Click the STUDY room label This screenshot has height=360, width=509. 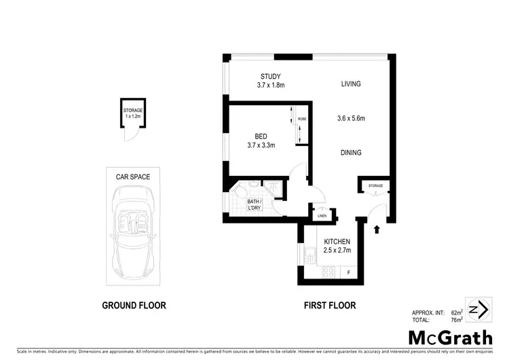(x=271, y=76)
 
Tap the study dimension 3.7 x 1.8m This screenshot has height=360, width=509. (x=271, y=86)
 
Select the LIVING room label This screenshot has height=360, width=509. (x=351, y=84)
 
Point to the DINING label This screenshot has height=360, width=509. (x=351, y=153)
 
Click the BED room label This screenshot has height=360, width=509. (x=260, y=134)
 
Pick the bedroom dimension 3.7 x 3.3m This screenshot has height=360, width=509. (x=261, y=144)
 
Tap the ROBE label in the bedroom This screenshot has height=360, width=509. (x=301, y=120)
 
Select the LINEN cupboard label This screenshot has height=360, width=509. (x=322, y=217)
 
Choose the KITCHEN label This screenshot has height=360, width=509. (x=337, y=242)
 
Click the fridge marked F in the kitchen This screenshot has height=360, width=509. (x=349, y=273)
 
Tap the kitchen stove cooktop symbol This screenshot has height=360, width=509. (x=326, y=273)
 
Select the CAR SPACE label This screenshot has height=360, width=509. (x=133, y=177)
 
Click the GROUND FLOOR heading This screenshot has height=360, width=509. (x=134, y=306)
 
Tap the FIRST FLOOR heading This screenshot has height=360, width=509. (x=329, y=306)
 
